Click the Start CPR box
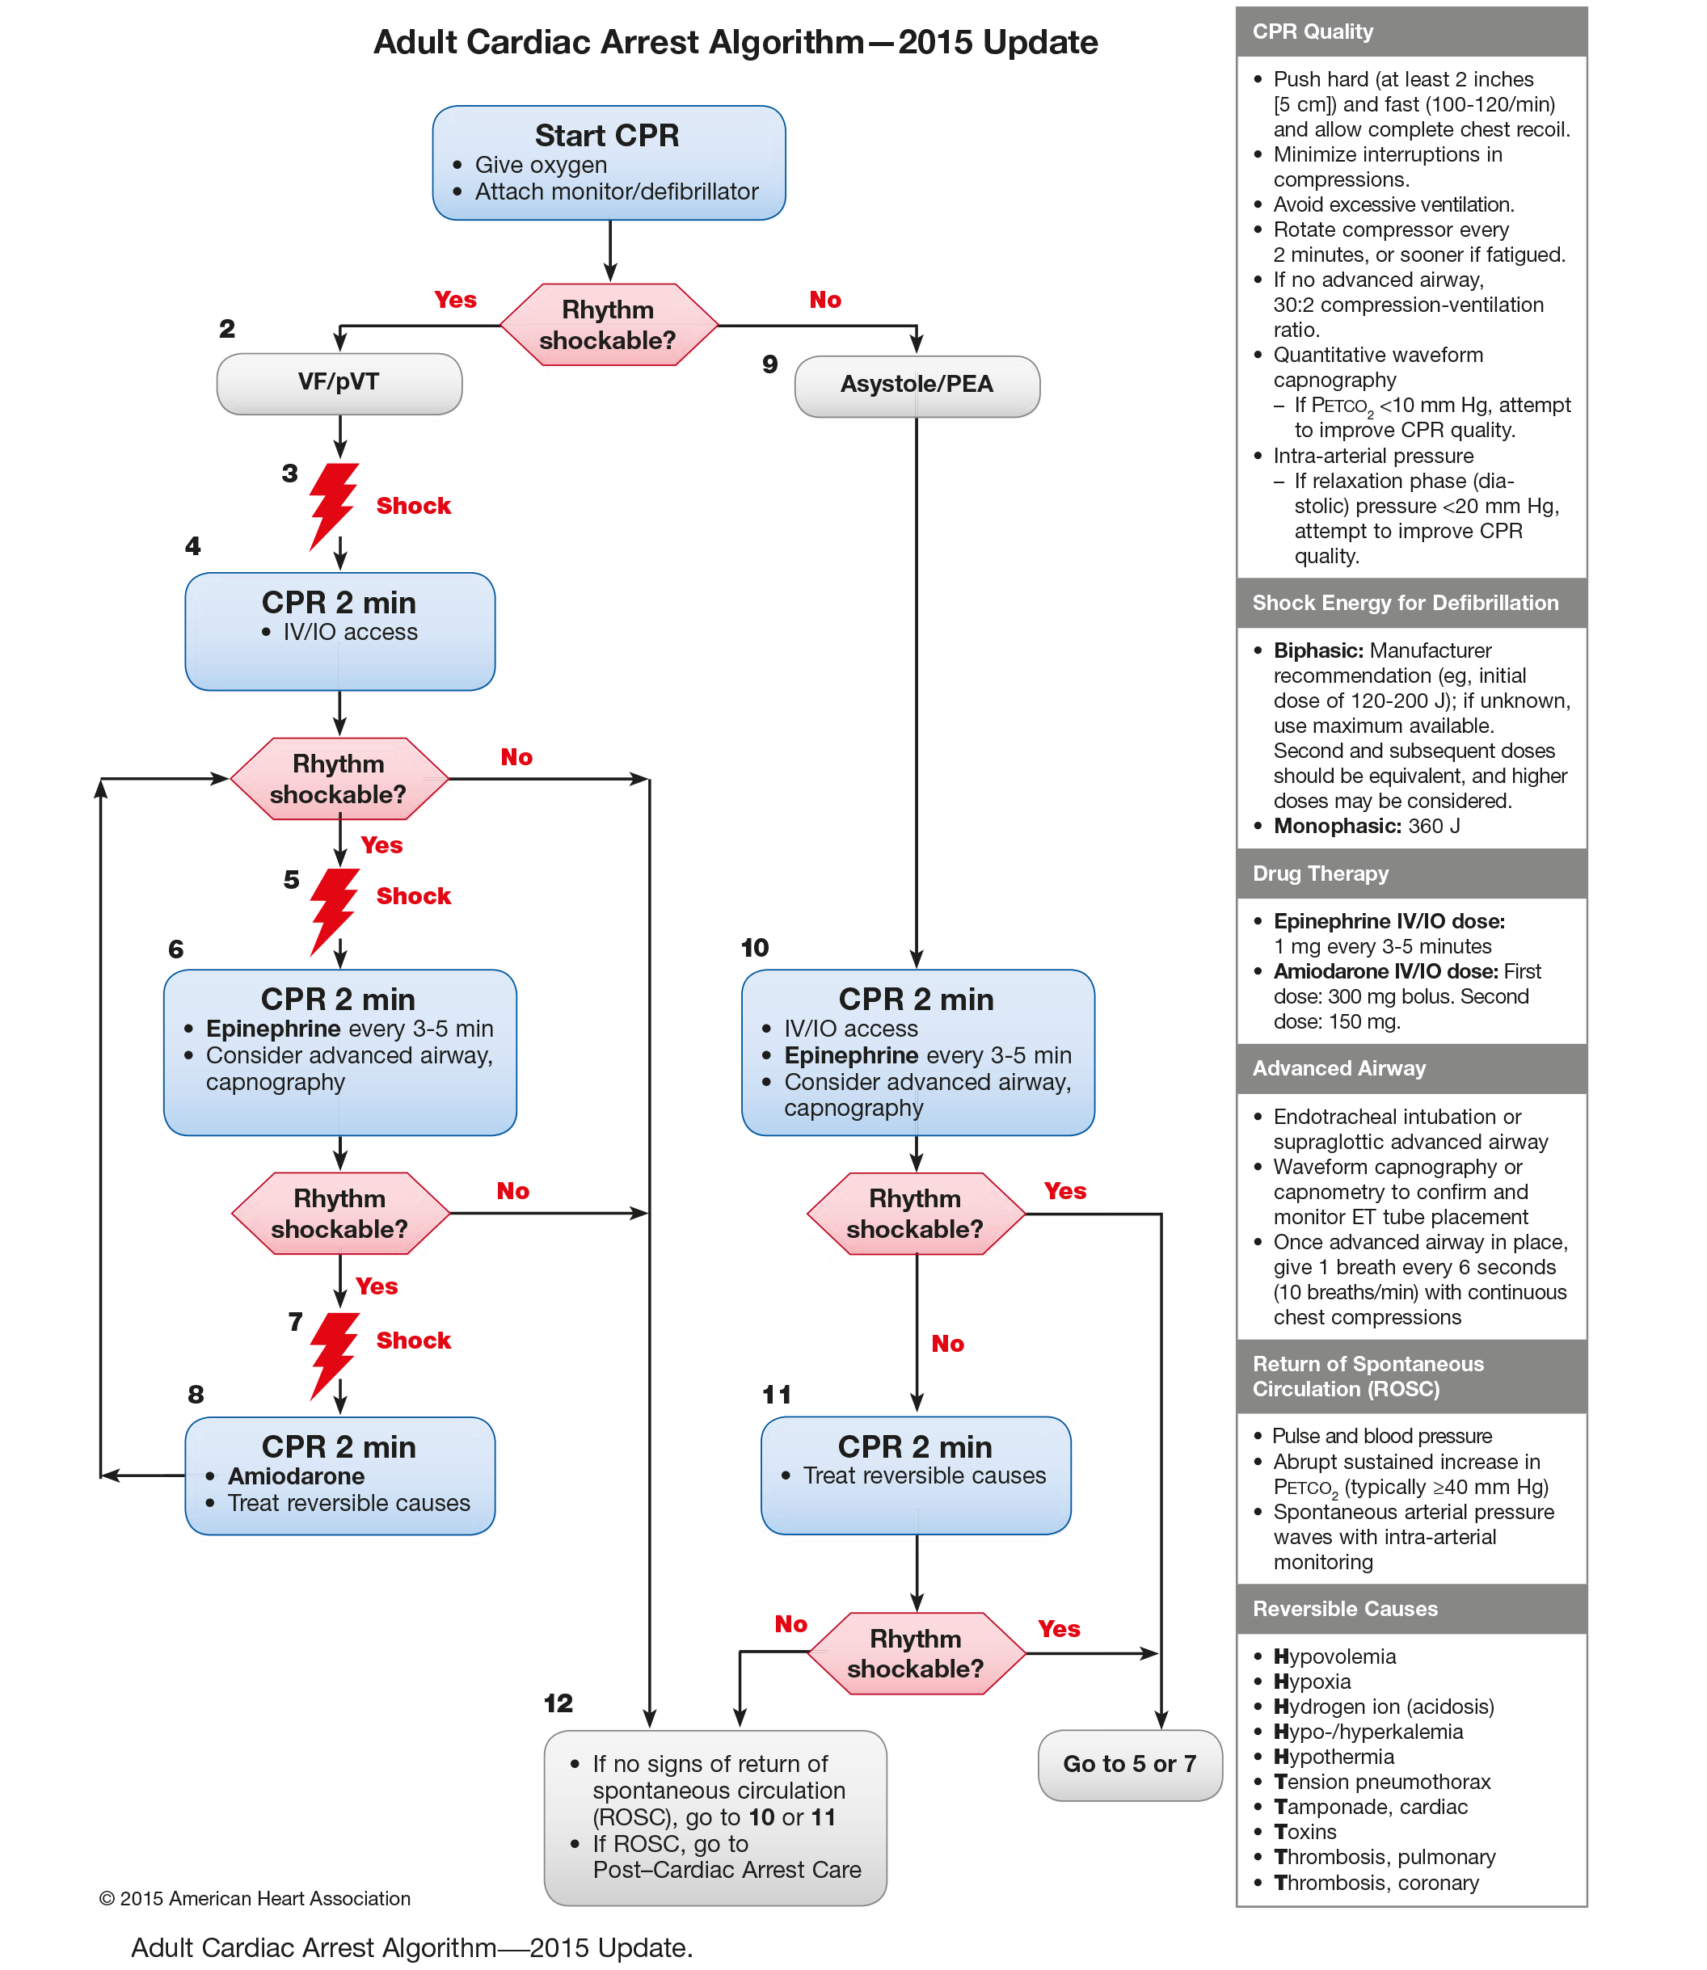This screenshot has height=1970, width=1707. (609, 162)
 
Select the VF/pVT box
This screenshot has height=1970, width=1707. (339, 383)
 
